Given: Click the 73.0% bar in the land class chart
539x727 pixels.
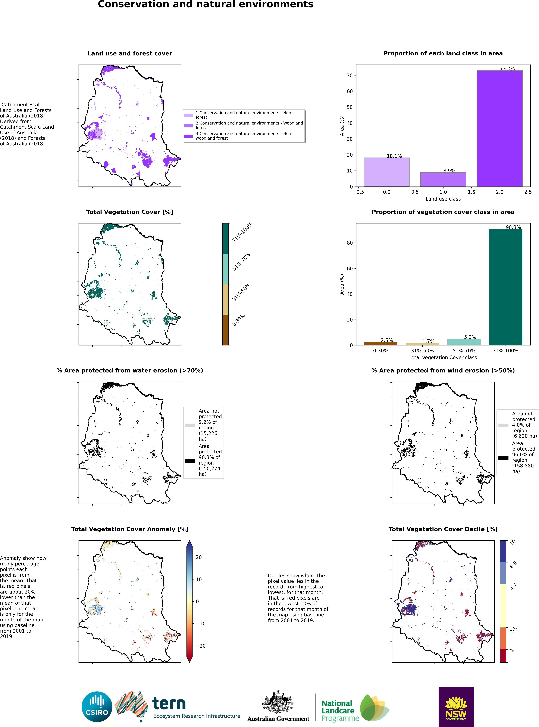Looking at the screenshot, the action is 499,128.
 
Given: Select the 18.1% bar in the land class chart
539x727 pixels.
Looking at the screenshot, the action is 387,172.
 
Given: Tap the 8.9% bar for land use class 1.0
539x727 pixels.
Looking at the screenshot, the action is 443,180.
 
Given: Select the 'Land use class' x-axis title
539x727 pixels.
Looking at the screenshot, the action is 443,199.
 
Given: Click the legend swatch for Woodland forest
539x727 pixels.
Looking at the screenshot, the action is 189,125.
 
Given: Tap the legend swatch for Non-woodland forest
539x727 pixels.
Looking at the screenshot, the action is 189,136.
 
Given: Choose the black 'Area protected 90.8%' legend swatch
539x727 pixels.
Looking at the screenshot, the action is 190,460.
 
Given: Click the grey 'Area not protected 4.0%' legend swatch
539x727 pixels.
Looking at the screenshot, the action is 503,425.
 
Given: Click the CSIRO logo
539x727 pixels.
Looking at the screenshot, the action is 97,707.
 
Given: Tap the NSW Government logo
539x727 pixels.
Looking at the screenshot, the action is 456,707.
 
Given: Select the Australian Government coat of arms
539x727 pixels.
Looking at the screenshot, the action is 278,702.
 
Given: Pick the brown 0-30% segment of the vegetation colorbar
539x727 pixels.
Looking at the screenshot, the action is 225,330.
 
